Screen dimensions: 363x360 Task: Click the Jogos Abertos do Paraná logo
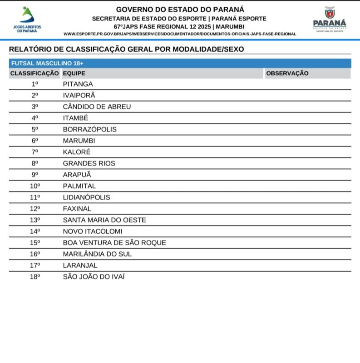pyautogui.click(x=28, y=19)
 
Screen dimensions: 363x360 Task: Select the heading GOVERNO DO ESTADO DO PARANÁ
pyautogui.click(x=180, y=9)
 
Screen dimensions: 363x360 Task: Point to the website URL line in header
pyautogui.click(x=180, y=34)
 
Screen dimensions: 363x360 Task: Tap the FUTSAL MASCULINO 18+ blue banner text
pyautogui.click(x=47, y=64)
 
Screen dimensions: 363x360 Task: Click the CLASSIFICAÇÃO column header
pyautogui.click(x=35, y=74)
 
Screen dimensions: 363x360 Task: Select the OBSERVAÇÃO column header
pyautogui.click(x=287, y=74)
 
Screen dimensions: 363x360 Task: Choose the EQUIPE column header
pyautogui.click(x=74, y=74)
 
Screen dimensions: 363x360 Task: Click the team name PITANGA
pyautogui.click(x=78, y=84)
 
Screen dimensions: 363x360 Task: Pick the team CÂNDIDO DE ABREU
pyautogui.click(x=97, y=107)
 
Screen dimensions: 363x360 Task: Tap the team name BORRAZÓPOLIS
pyautogui.click(x=89, y=129)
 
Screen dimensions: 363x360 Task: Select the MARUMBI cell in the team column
pyautogui.click(x=79, y=141)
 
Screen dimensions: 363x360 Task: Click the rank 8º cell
pyautogui.click(x=35, y=163)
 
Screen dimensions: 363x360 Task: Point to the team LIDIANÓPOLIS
pyautogui.click(x=86, y=197)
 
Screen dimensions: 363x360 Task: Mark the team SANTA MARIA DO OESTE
pyautogui.click(x=104, y=220)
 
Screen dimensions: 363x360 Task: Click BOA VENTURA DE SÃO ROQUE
pyautogui.click(x=114, y=243)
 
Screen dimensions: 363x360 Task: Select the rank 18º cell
pyautogui.click(x=35, y=277)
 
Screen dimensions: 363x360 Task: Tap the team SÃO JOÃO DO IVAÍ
pyautogui.click(x=94, y=277)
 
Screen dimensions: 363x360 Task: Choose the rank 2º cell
pyautogui.click(x=35, y=95)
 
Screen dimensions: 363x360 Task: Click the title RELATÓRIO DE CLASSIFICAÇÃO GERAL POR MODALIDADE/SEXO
pyautogui.click(x=126, y=49)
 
